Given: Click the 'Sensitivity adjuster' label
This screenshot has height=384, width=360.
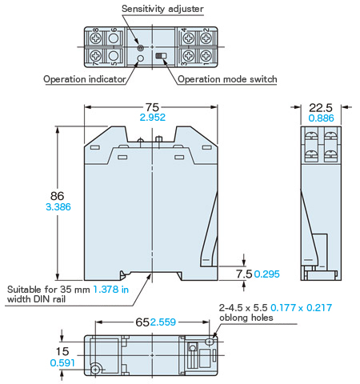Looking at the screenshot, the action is [162, 9].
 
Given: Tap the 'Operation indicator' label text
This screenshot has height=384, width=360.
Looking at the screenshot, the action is [85, 79].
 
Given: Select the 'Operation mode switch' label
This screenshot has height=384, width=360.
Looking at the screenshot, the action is [227, 79].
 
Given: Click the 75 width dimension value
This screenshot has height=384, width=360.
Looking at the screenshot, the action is [152, 107].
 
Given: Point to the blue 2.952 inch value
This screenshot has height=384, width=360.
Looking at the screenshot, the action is [153, 118].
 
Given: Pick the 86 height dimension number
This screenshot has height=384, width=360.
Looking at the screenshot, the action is [57, 196].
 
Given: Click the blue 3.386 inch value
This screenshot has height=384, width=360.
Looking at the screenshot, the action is [58, 207].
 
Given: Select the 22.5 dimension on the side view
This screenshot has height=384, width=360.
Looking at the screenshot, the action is [321, 108].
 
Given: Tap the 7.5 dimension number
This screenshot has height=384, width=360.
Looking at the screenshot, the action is [244, 274].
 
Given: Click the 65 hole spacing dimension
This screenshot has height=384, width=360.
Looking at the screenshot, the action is [142, 322].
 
